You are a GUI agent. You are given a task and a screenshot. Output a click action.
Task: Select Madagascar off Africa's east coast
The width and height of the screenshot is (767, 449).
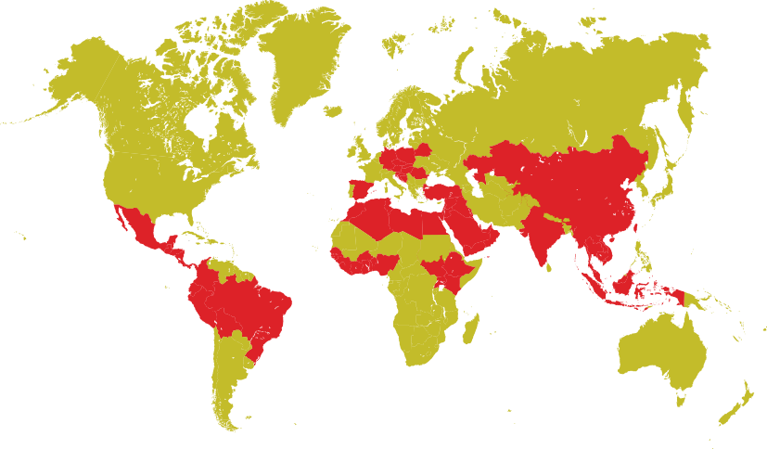pos(470,325)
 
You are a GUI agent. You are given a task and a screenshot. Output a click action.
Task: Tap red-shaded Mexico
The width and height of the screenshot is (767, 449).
pos(139,227)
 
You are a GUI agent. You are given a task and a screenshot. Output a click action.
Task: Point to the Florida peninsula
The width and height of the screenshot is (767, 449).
pos(196,221)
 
